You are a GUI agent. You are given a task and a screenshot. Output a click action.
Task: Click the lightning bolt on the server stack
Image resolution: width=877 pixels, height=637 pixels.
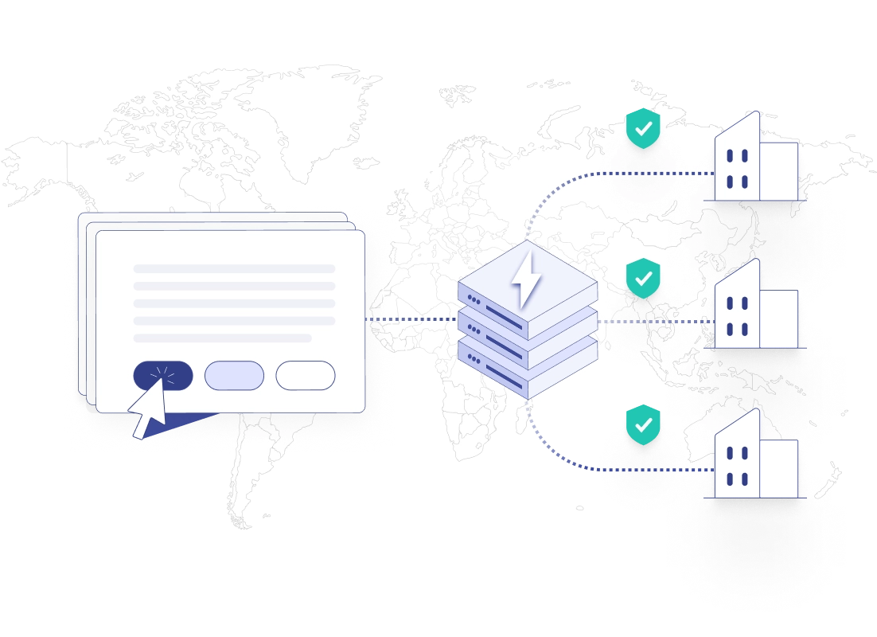click(525, 279)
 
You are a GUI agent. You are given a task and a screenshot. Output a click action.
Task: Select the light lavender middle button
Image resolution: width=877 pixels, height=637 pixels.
click(234, 375)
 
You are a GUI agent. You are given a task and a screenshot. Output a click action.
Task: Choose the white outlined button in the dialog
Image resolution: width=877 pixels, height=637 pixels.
click(306, 375)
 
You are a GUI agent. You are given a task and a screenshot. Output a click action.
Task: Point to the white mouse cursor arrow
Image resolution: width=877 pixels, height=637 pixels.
click(148, 408)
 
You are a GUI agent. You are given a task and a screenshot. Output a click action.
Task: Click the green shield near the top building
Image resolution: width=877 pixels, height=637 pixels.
click(643, 128)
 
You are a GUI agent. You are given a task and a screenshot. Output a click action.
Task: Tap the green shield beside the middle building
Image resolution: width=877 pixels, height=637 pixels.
click(643, 279)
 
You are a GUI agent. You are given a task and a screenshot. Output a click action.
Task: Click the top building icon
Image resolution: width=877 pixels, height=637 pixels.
click(754, 159)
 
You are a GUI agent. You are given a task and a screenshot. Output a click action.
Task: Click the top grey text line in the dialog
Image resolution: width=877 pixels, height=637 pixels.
click(234, 268)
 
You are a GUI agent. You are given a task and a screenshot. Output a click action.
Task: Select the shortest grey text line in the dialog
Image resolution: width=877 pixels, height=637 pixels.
click(222, 338)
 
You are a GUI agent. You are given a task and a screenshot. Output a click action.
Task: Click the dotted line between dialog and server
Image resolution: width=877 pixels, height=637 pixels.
click(411, 320)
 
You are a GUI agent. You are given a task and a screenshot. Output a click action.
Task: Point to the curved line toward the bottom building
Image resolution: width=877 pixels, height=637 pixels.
click(557, 455)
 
